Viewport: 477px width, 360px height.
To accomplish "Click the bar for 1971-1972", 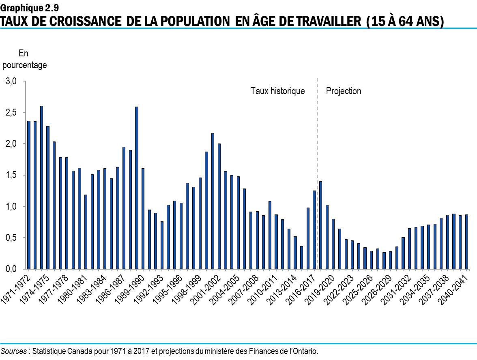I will click(x=29, y=195).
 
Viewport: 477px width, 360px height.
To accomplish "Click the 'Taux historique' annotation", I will click(x=277, y=91).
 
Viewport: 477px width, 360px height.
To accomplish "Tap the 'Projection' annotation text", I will click(x=344, y=91).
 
